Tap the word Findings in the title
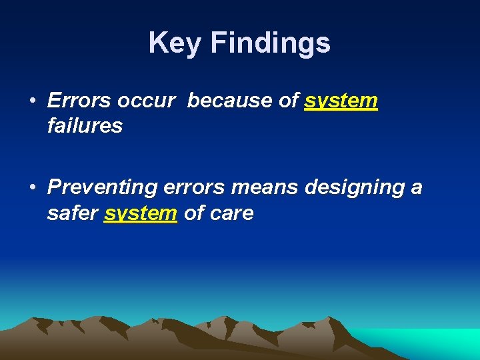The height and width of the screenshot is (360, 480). (x=270, y=43)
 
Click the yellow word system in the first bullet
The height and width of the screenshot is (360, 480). (x=341, y=101)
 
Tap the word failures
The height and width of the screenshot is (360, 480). (x=85, y=125)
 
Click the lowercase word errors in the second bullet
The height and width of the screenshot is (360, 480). (x=193, y=188)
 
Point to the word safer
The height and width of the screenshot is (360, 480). (x=73, y=213)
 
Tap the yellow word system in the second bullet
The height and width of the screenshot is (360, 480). (x=141, y=214)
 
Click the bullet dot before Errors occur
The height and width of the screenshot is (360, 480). (x=32, y=101)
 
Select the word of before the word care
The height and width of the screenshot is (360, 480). (x=193, y=213)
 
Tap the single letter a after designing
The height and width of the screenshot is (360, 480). (x=417, y=188)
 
